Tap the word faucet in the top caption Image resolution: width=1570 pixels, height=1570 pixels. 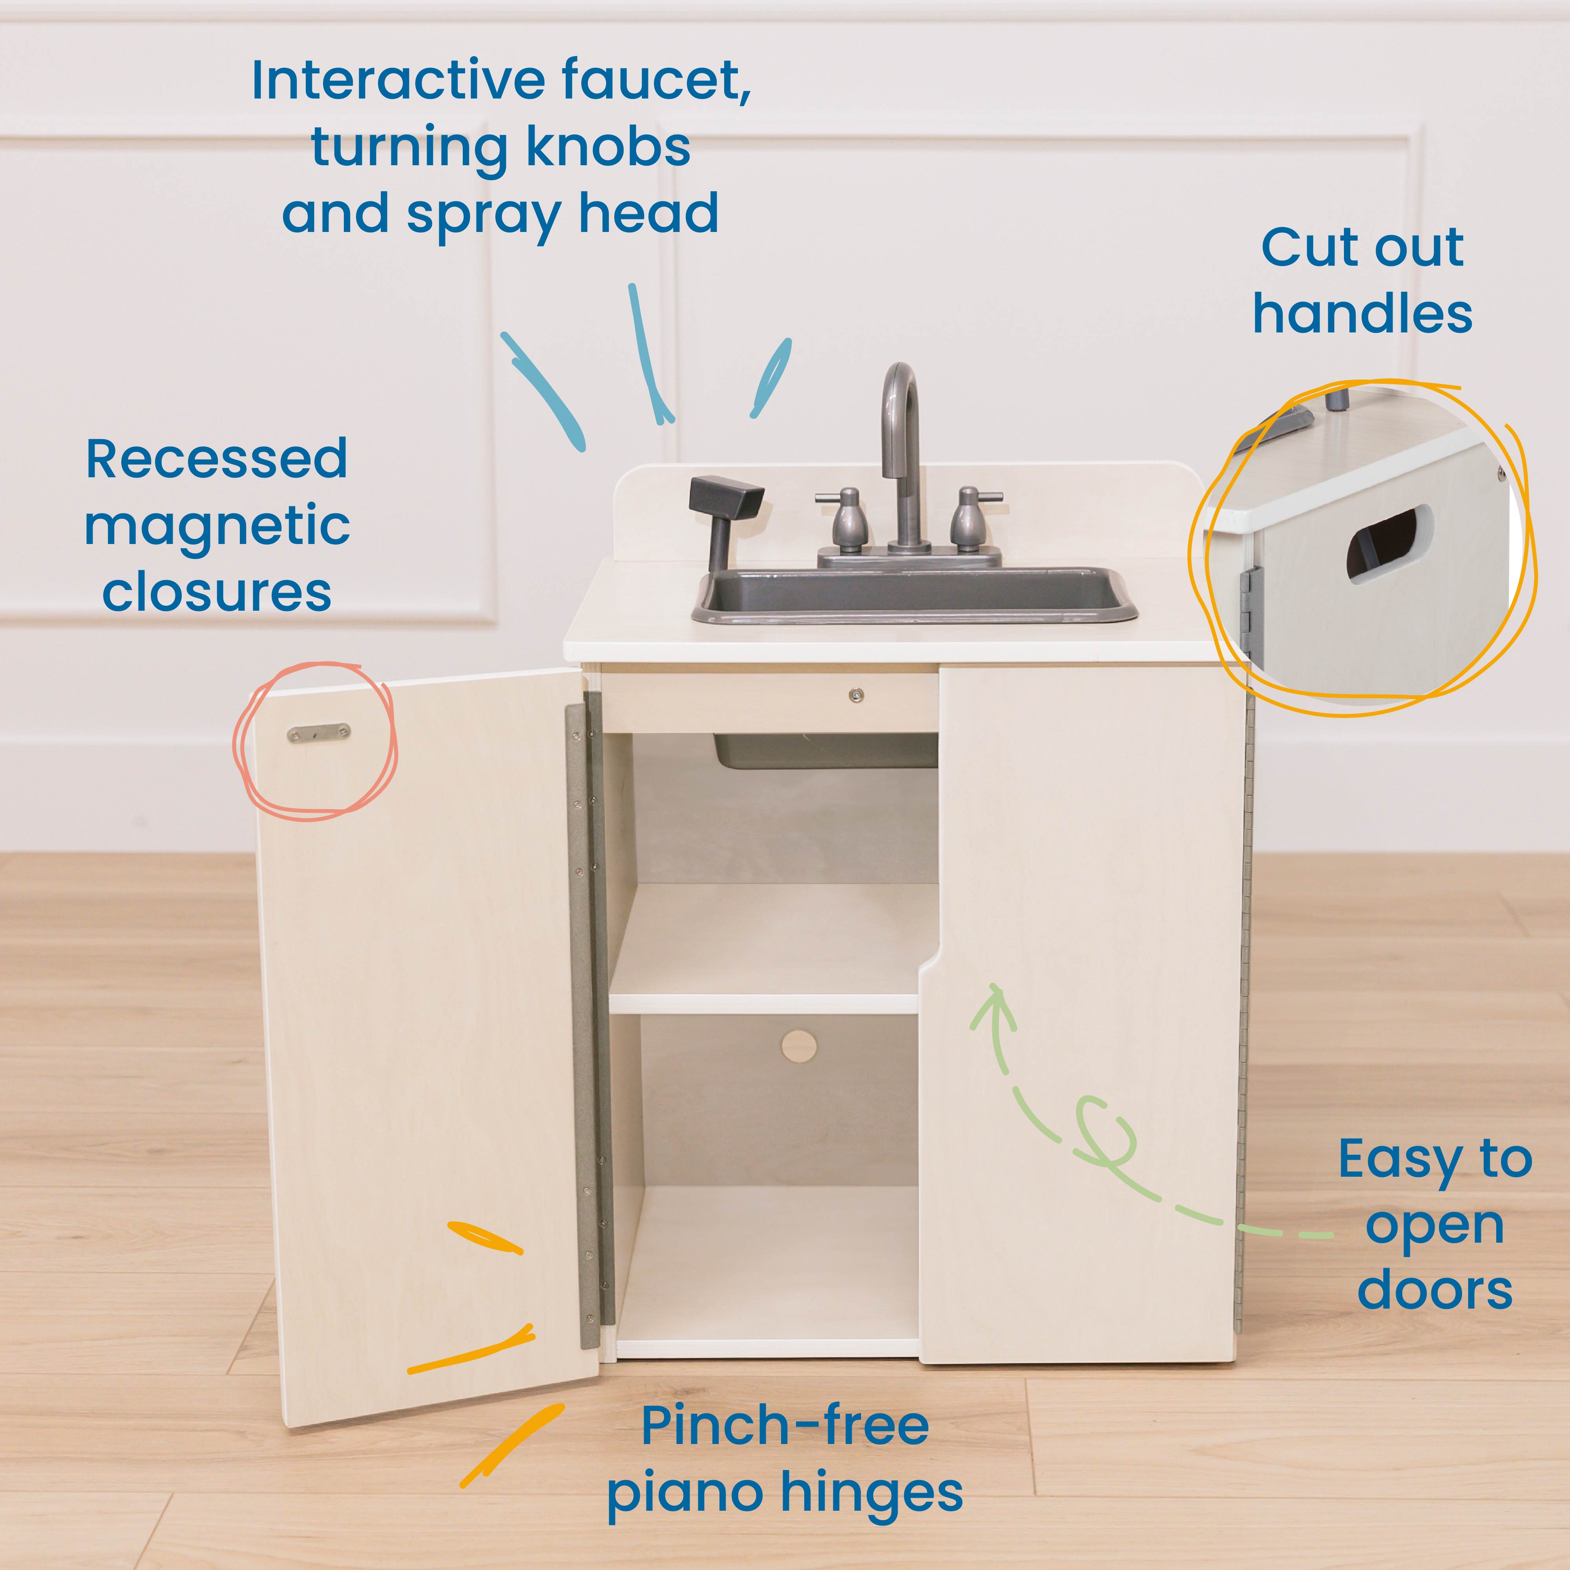coord(657,80)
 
